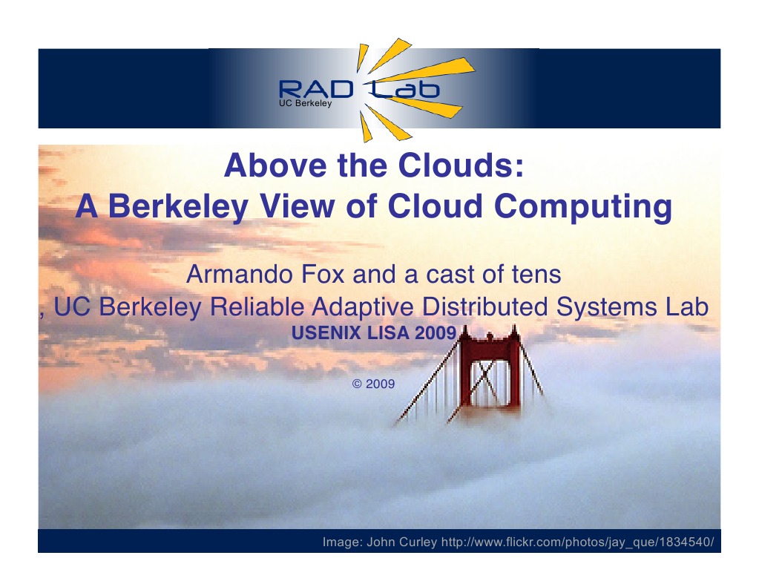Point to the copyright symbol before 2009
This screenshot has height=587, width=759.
tap(357, 384)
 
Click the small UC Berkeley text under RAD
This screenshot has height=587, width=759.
tap(304, 104)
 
